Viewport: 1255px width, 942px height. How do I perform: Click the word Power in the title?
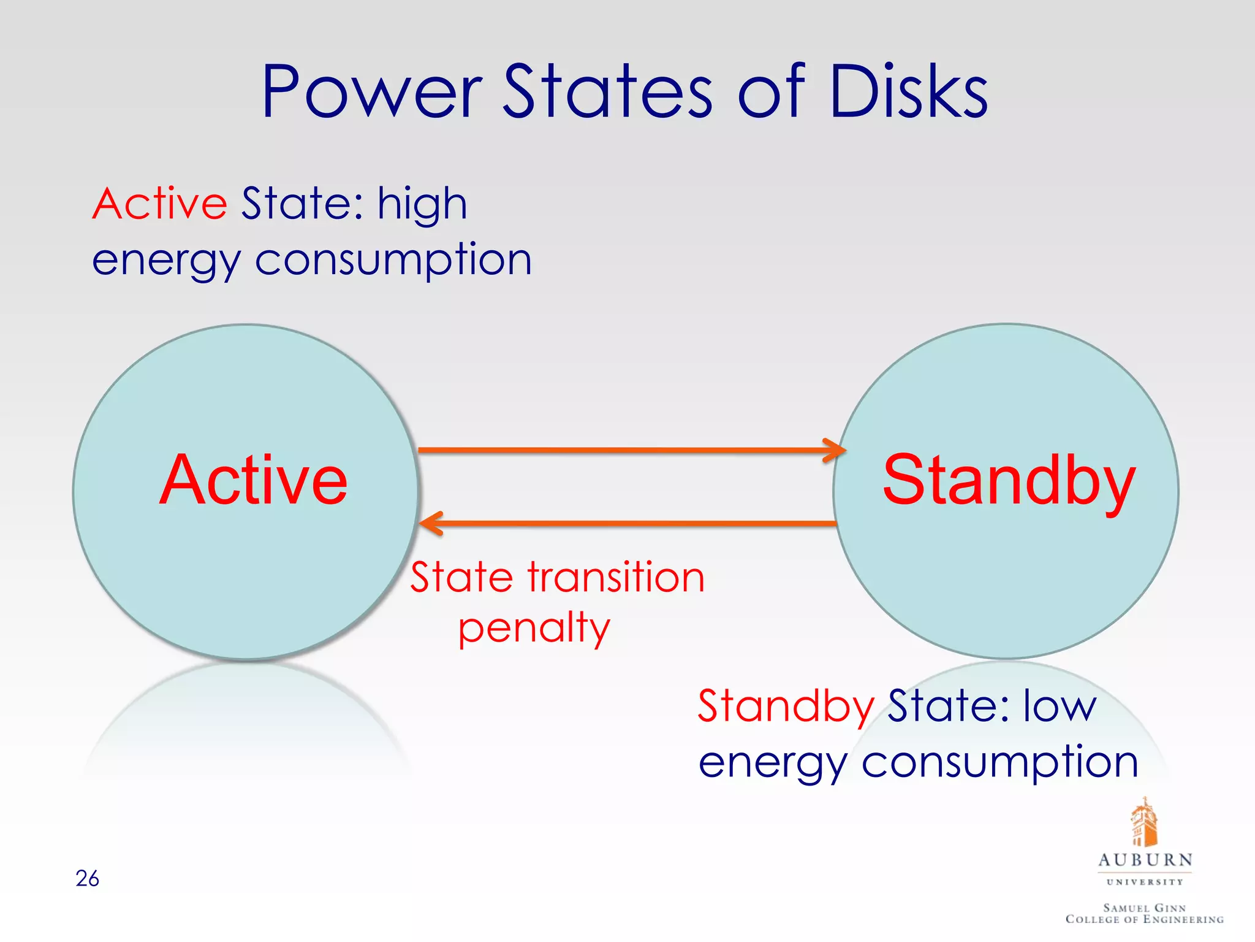372,92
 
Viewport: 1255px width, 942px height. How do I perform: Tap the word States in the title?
608,92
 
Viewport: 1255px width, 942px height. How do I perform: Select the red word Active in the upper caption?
160,204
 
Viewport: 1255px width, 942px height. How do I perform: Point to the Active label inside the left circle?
253,480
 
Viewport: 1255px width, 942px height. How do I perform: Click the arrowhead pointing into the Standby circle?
836,450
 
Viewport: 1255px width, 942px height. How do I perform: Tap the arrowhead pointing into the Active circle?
431,523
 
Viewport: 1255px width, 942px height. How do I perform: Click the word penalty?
534,629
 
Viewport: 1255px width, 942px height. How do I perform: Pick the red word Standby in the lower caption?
786,706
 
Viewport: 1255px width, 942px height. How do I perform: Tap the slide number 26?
87,878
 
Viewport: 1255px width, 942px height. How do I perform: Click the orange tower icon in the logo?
1143,822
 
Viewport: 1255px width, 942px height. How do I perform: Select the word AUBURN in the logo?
1145,860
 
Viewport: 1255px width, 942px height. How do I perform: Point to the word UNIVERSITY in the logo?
1145,882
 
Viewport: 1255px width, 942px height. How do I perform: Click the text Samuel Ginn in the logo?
1145,908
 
